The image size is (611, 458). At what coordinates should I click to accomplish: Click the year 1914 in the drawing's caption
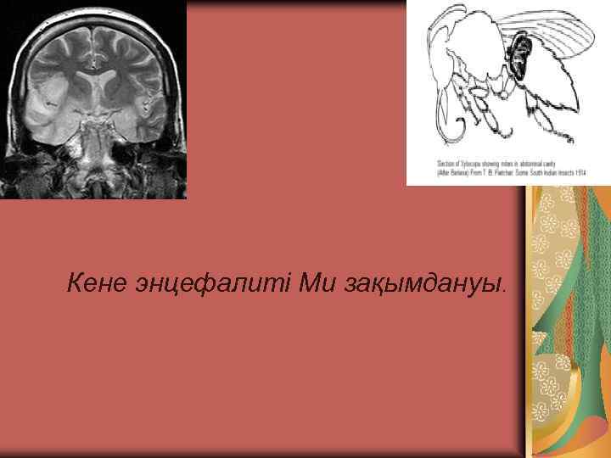(x=580, y=170)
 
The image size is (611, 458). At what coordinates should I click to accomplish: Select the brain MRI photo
(x=92, y=99)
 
